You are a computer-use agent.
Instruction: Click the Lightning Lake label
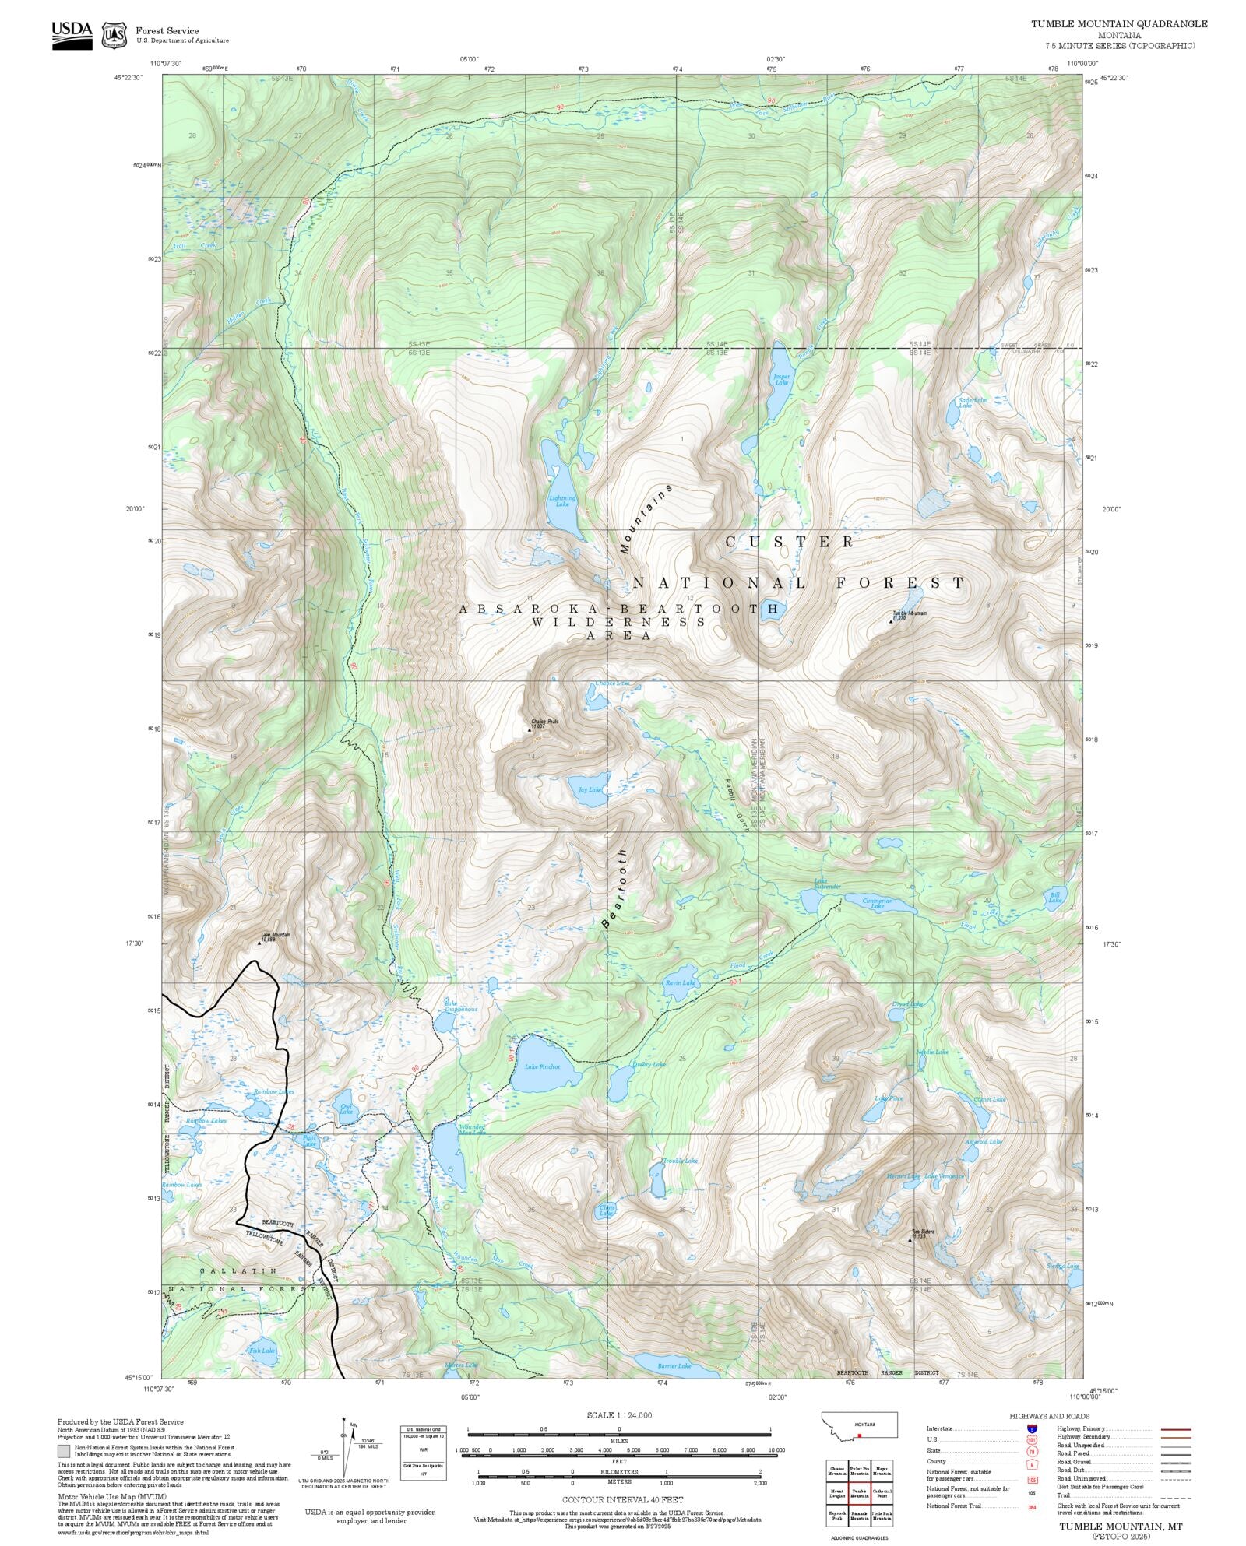tap(562, 501)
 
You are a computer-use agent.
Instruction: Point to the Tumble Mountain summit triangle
tap(891, 621)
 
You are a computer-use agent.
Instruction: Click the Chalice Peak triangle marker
tap(530, 729)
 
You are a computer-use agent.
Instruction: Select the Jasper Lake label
tap(781, 379)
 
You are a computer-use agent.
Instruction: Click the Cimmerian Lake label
tap(878, 904)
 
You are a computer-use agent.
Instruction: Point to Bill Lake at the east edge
tap(1054, 898)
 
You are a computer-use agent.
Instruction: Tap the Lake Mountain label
tap(276, 936)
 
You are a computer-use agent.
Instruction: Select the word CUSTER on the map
tap(790, 541)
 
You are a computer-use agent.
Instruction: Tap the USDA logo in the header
tap(72, 35)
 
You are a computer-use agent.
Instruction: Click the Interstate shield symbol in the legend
tap(1032, 1428)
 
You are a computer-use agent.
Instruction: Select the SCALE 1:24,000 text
tap(619, 1415)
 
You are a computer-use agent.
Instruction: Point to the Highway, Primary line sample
tap(1175, 1429)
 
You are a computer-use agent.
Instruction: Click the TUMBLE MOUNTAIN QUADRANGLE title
tap(1119, 23)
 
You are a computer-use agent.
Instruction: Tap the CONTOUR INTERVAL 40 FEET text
tap(622, 1499)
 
